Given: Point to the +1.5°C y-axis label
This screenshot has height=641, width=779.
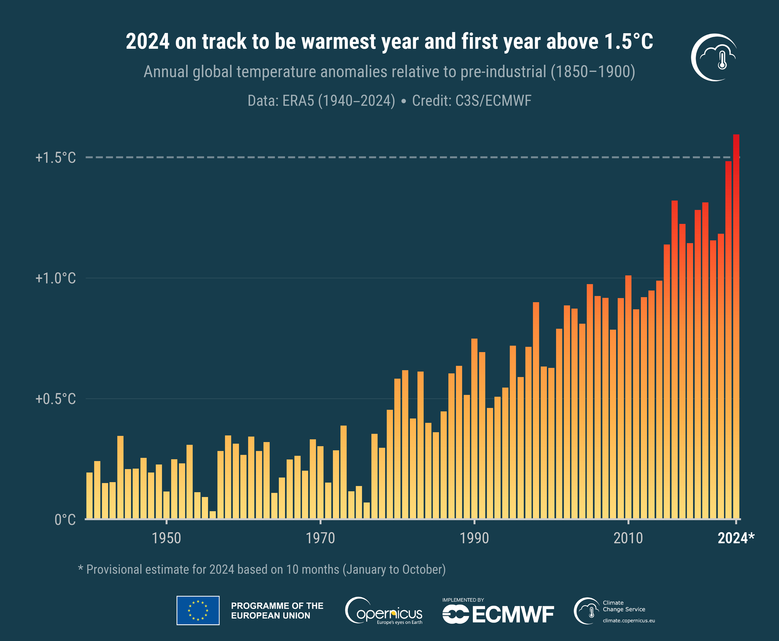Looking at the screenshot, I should coord(55,158).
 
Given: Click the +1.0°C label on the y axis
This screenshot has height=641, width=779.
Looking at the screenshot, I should coord(55,278).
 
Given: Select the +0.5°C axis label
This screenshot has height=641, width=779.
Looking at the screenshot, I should coord(55,399).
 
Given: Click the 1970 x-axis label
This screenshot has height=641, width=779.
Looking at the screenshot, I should coord(320,538).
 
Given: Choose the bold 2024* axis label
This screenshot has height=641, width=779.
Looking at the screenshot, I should coord(735,538).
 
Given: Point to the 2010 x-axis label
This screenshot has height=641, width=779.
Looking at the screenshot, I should coord(628,538).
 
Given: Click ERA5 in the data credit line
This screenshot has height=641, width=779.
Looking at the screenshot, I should coord(298,100).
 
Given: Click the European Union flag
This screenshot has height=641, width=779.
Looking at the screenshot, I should coord(198,610).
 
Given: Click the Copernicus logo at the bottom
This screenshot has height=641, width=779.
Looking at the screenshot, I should coord(384,611).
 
